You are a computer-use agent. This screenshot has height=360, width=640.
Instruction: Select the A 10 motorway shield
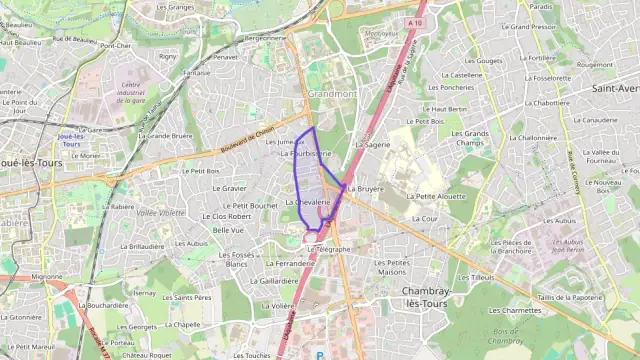pos(415,20)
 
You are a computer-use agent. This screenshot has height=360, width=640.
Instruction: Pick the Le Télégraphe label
pos(330,249)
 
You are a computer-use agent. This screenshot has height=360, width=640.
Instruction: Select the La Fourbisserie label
pos(305,154)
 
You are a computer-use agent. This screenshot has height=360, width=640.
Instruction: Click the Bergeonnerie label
pos(265,37)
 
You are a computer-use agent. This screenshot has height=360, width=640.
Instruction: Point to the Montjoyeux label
pos(381,34)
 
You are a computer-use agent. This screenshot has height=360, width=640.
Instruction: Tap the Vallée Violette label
pos(160,213)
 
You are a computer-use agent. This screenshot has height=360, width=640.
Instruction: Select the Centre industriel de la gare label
pos(132,93)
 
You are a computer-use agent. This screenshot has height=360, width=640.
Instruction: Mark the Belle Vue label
pos(229,230)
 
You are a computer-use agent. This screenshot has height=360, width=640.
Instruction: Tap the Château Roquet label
pos(148,354)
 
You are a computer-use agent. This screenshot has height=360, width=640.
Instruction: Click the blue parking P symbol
pos(320,354)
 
